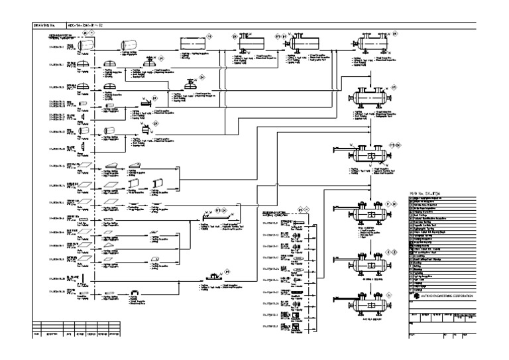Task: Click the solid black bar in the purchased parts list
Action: [x=296, y=282]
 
